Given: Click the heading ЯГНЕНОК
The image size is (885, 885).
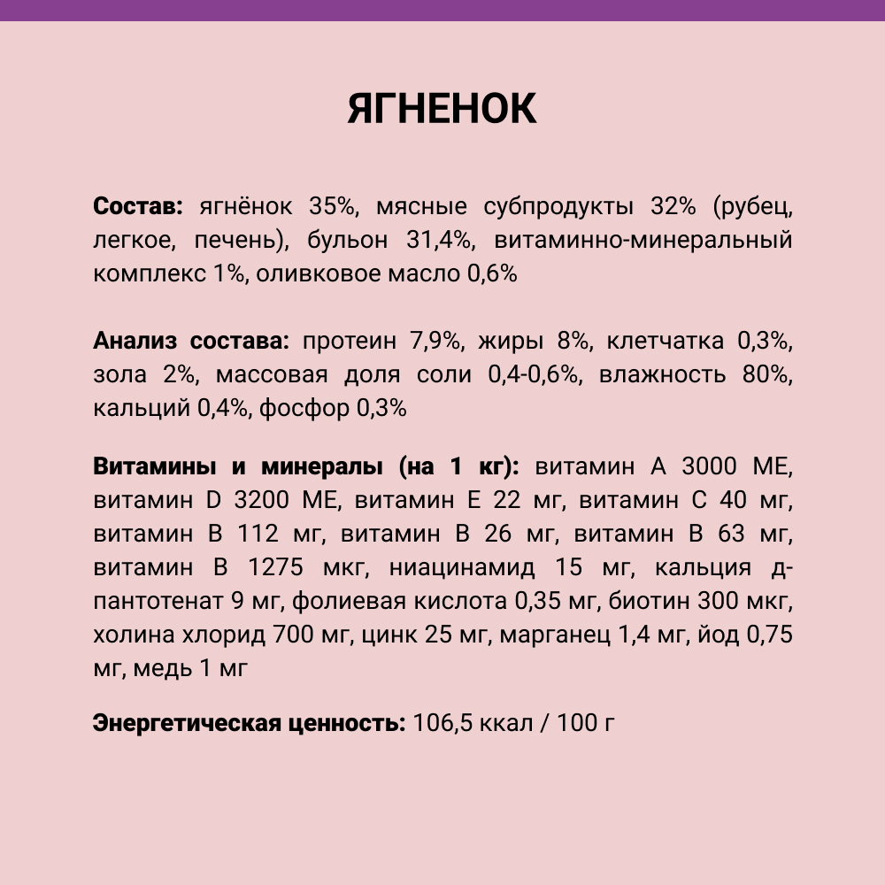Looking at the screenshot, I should [x=442, y=108].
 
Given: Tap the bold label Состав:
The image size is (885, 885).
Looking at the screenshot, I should [x=137, y=207].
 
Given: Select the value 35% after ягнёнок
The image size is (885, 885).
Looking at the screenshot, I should [x=331, y=207].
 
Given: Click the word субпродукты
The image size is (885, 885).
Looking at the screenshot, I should [x=559, y=207].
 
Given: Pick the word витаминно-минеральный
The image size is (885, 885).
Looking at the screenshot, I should [x=643, y=241].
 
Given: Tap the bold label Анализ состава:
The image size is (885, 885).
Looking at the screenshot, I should [x=191, y=341].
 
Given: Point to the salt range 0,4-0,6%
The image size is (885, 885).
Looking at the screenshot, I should [x=535, y=374].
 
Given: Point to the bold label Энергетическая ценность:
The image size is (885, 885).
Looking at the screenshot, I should [x=249, y=723].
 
